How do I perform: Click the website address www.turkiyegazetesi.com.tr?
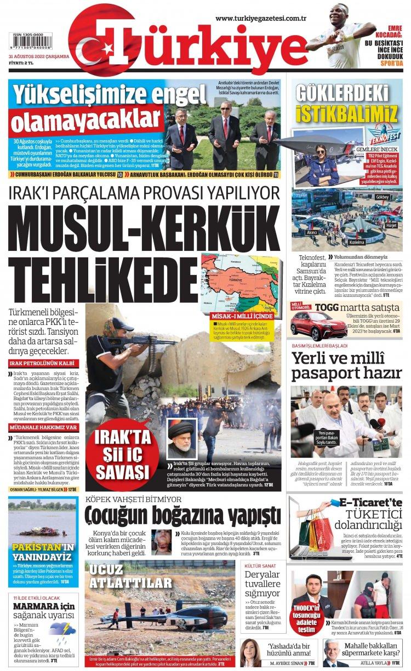click(x=260, y=19)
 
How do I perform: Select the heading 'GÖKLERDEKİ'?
click(x=346, y=95)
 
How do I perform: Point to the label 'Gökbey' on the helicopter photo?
click(x=383, y=197)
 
